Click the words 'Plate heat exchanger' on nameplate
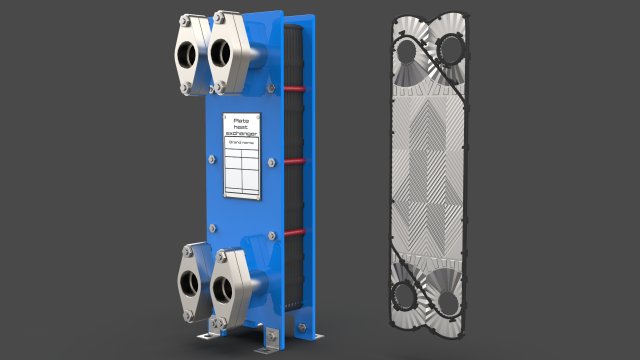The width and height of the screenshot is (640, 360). [x=242, y=128]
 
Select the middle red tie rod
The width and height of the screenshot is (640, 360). [x=294, y=160]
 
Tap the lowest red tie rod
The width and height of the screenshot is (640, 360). [x=294, y=233]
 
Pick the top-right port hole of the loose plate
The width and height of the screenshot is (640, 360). [x=451, y=48]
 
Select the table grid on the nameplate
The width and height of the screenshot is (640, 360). [x=241, y=176]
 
